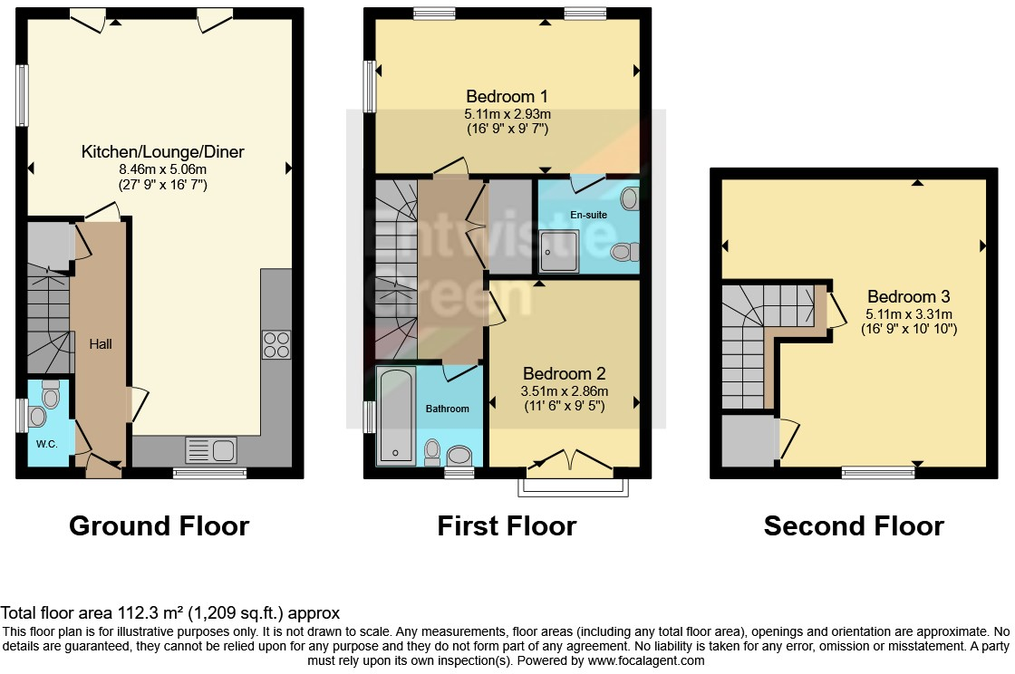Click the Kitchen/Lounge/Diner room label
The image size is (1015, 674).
pyautogui.click(x=163, y=151)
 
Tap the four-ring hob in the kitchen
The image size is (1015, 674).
pyautogui.click(x=276, y=343)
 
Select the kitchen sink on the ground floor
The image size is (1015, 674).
pyautogui.click(x=210, y=449)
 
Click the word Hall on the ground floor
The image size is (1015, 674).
pyautogui.click(x=101, y=344)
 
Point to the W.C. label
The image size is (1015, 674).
pyautogui.click(x=47, y=445)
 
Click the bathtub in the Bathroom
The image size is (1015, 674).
pyautogui.click(x=395, y=415)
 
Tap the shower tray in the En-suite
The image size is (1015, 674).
pyautogui.click(x=558, y=251)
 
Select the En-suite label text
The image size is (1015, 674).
pyautogui.click(x=588, y=215)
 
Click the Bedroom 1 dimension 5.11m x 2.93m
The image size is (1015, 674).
pyautogui.click(x=507, y=114)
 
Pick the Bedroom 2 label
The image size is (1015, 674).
pyautogui.click(x=564, y=373)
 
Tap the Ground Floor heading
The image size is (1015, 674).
pyautogui.click(x=159, y=525)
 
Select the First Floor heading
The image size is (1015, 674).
pyautogui.click(x=507, y=525)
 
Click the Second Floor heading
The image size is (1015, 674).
pyautogui.click(x=854, y=525)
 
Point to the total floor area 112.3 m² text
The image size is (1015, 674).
pyautogui.click(x=170, y=613)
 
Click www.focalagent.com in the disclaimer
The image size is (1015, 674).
pyautogui.click(x=639, y=660)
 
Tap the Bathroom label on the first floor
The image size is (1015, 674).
pyautogui.click(x=448, y=409)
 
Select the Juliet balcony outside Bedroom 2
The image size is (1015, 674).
pyautogui.click(x=572, y=486)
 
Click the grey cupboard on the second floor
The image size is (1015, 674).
pyautogui.click(x=749, y=440)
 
